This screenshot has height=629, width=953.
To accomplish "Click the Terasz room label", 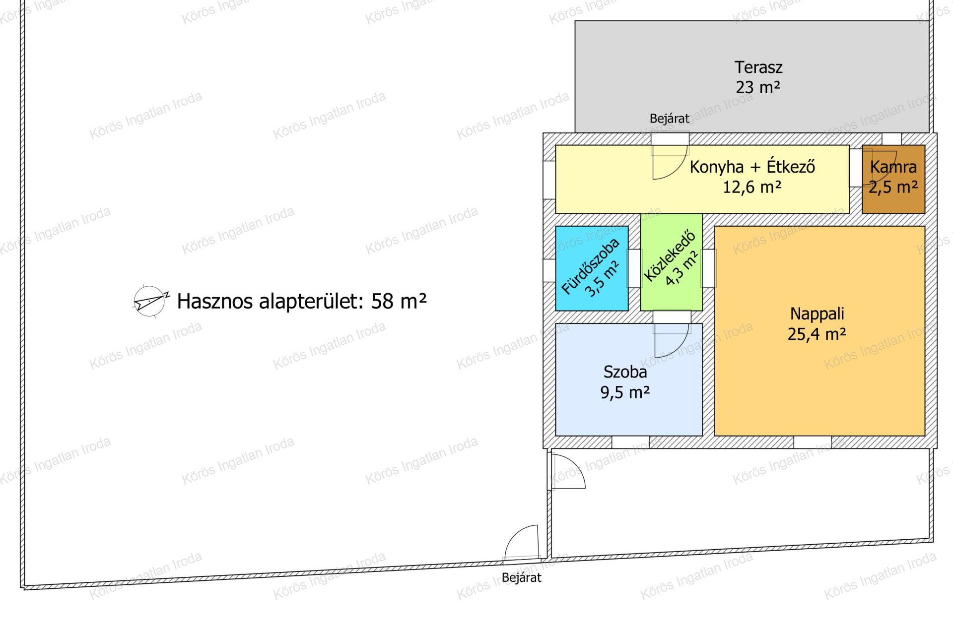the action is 758,67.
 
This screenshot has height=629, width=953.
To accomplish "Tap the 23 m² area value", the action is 758,87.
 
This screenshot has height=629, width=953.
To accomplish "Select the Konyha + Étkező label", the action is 752,167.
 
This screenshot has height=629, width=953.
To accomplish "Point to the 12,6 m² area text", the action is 752,187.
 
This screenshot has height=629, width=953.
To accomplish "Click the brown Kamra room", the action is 893,179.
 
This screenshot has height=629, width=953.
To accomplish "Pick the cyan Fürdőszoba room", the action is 592,268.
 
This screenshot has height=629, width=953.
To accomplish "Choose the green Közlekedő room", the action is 671,262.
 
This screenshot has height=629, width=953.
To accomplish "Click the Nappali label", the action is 817,314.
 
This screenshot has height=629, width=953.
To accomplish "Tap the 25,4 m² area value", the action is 817,334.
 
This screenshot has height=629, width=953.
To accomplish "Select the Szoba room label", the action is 625,372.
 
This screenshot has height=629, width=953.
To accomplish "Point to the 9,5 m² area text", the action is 625,392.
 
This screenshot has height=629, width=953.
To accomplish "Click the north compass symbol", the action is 150,301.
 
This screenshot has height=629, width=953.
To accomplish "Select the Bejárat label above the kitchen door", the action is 670,119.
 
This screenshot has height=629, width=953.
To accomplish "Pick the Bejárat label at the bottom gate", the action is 521,578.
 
